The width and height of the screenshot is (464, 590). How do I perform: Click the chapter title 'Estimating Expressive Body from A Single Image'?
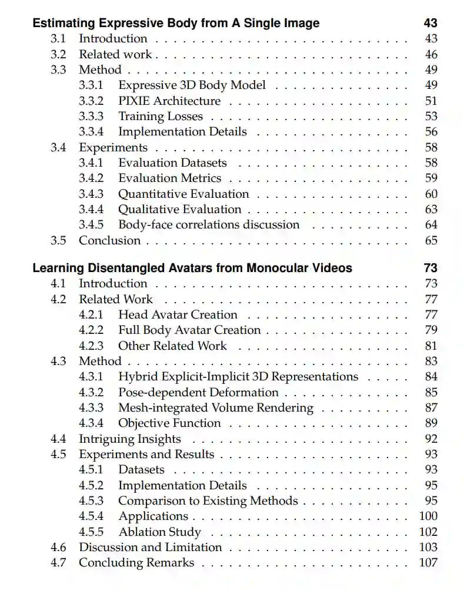pyautogui.click(x=176, y=24)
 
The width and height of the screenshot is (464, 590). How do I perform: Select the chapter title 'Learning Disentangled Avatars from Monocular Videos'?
pyautogui.click(x=192, y=268)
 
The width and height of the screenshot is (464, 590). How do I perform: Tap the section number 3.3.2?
pyautogui.click(x=91, y=101)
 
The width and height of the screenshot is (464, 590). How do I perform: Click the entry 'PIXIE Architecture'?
pyautogui.click(x=169, y=101)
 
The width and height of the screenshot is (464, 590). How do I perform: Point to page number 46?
pyautogui.click(x=431, y=54)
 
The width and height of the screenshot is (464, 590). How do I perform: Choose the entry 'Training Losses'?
pyautogui.click(x=161, y=116)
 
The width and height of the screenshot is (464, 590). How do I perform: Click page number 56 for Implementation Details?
pyautogui.click(x=431, y=132)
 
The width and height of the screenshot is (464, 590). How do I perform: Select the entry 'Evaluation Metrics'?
pyautogui.click(x=169, y=178)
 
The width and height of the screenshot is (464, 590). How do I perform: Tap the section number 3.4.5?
pyautogui.click(x=91, y=224)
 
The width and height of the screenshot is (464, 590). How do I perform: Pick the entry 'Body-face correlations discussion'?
pyautogui.click(x=209, y=224)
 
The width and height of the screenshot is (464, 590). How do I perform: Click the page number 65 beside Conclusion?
pyautogui.click(x=431, y=240)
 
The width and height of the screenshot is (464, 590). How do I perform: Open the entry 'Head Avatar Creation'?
pyautogui.click(x=178, y=314)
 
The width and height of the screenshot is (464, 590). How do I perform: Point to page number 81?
pyautogui.click(x=431, y=346)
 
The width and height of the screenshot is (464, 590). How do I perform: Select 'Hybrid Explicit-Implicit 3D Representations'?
pyautogui.click(x=238, y=376)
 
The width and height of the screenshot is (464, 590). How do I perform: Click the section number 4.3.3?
pyautogui.click(x=91, y=407)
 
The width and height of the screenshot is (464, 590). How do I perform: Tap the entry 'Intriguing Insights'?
pyautogui.click(x=130, y=439)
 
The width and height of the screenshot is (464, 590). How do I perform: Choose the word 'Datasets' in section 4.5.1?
pyautogui.click(x=141, y=469)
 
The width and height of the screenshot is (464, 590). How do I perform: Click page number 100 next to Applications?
pyautogui.click(x=429, y=516)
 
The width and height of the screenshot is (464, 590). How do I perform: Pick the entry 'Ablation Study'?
pyautogui.click(x=159, y=532)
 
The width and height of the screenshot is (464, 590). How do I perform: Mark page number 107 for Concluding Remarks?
pyautogui.click(x=429, y=562)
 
